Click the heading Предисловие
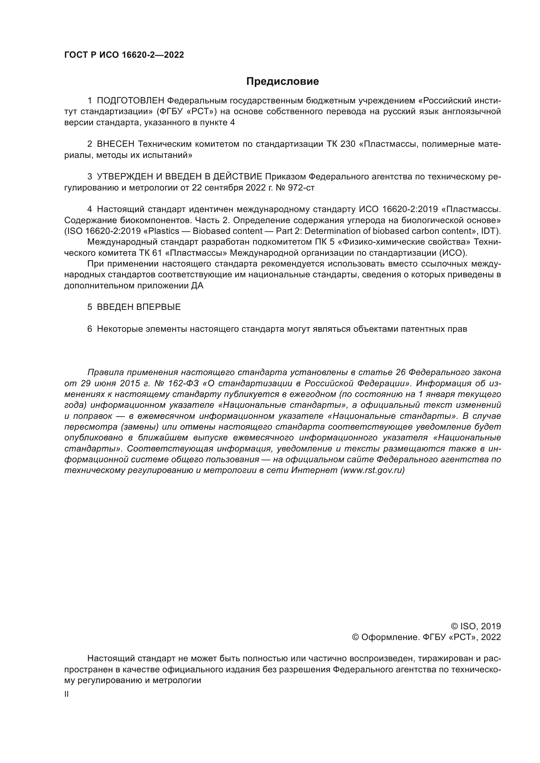tap(282, 82)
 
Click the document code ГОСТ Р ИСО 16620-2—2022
tap(124, 55)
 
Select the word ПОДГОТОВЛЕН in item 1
tap(131, 101)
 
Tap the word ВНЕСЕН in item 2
tap(116, 144)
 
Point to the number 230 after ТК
tap(348, 144)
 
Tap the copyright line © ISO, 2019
tap(476, 627)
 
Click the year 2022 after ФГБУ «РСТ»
tap(491, 637)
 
